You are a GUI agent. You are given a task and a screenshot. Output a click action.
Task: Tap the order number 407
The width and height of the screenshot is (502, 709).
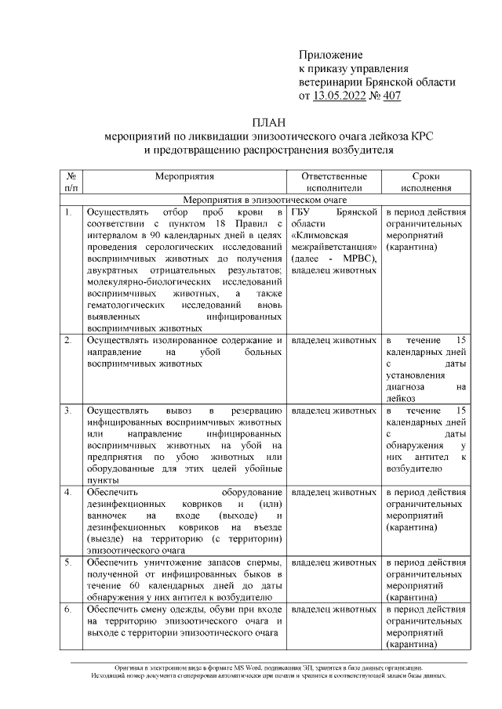click(391, 96)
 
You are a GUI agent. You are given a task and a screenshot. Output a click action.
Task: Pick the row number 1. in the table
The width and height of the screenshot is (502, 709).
click(68, 212)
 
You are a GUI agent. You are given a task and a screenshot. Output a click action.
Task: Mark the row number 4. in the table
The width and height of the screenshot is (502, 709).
click(68, 492)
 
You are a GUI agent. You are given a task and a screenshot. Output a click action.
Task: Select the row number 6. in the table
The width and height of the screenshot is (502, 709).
click(68, 609)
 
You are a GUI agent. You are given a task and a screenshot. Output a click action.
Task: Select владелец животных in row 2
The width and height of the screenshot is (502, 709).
click(333, 340)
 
